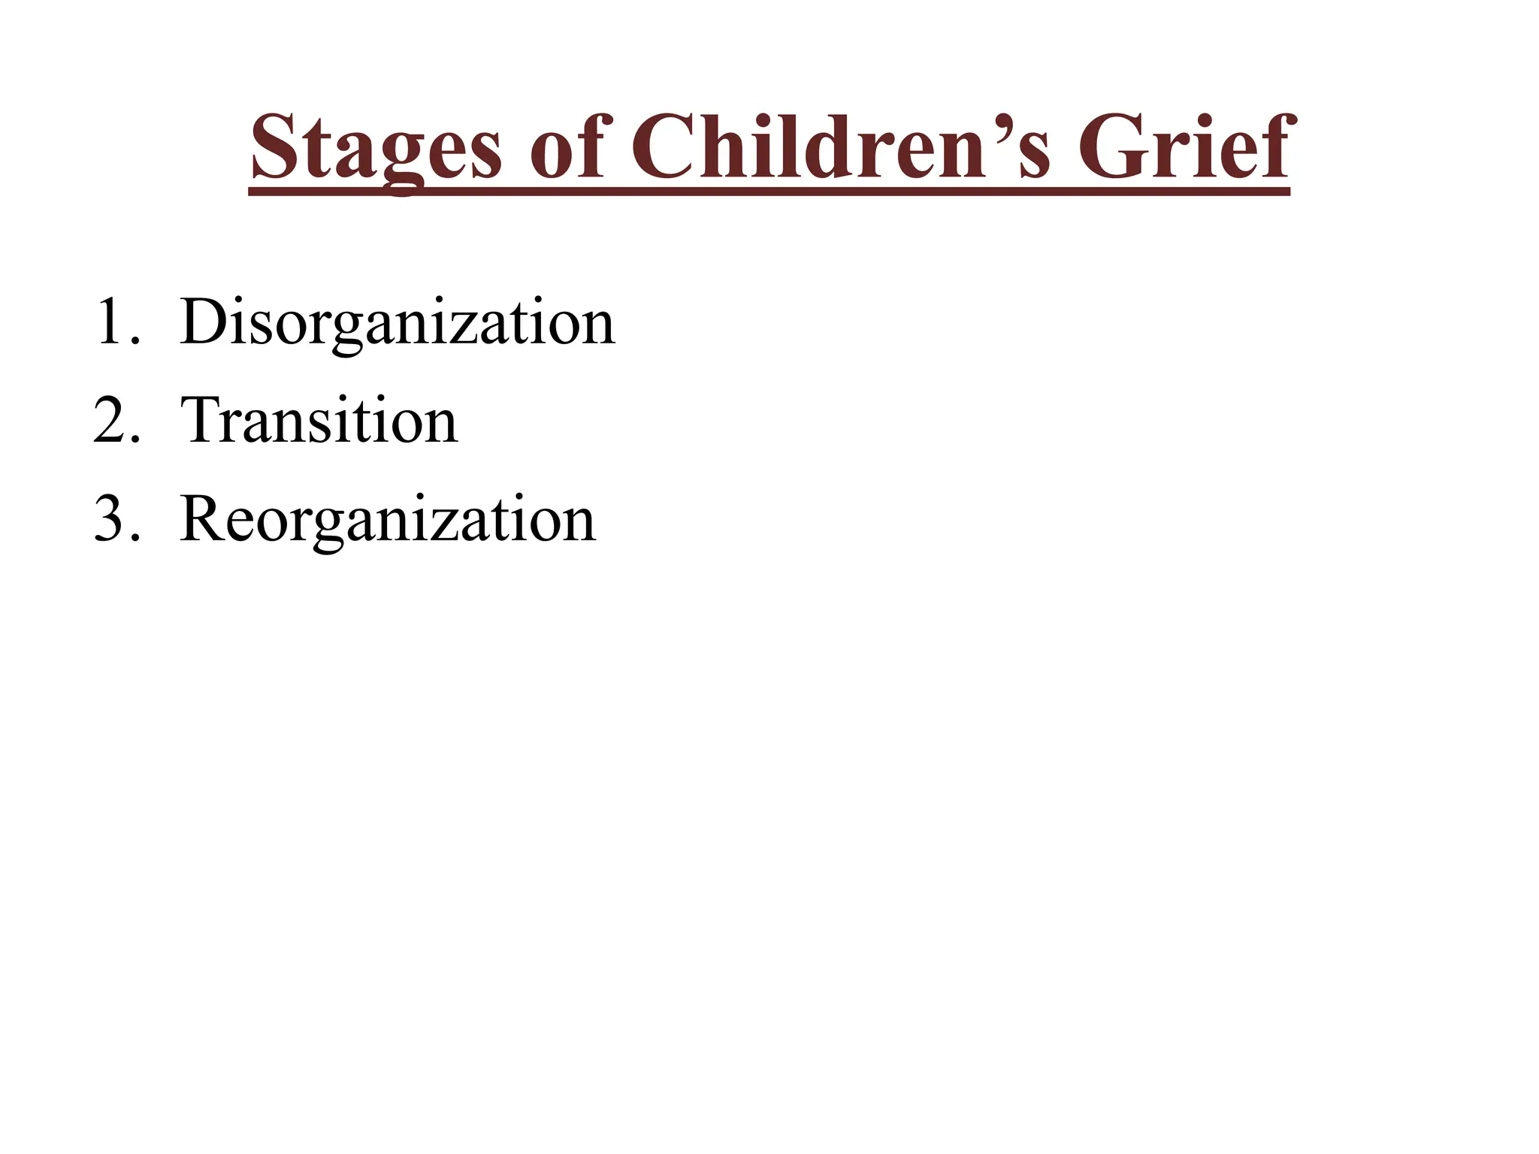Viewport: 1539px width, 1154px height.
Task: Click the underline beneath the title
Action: pyautogui.click(x=769, y=192)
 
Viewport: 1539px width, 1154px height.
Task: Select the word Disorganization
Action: pyautogui.click(x=398, y=323)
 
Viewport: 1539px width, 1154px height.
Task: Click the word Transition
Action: pyautogui.click(x=319, y=421)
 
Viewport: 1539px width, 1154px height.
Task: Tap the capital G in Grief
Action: pyautogui.click(x=1110, y=147)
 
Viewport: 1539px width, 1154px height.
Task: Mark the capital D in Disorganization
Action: pyautogui.click(x=202, y=322)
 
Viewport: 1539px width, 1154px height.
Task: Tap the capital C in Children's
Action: pyautogui.click(x=667, y=147)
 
